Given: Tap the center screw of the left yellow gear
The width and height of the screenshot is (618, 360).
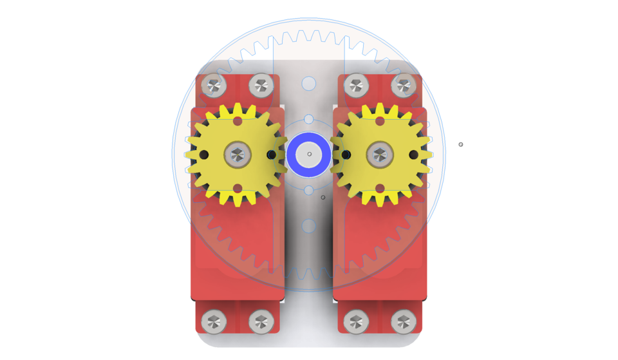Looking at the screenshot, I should click(237, 155).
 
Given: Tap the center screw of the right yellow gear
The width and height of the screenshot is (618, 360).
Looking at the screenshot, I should click(380, 155).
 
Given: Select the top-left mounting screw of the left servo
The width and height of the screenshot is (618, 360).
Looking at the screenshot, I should click(214, 85).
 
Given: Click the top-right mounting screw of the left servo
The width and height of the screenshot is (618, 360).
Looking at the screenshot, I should click(261, 85).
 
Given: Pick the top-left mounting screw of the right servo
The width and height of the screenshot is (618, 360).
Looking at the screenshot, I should click(356, 85).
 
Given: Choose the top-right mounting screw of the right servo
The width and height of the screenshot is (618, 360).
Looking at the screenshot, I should click(404, 85).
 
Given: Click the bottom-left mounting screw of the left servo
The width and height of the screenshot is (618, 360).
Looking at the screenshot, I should click(214, 321).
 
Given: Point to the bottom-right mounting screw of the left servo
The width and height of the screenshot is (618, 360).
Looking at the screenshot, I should click(261, 321).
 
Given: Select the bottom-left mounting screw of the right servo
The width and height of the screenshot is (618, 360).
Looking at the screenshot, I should click(356, 321).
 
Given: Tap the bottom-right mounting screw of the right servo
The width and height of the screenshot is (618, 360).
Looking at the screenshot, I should click(404, 321).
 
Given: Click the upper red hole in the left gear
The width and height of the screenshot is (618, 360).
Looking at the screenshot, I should click(238, 121).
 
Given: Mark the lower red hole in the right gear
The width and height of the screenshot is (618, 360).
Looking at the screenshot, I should click(380, 188).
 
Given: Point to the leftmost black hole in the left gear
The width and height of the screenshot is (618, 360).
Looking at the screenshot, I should click(204, 155).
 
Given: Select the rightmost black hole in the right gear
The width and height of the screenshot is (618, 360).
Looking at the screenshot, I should click(413, 155).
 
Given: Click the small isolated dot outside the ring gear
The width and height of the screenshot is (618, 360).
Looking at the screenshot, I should click(461, 144).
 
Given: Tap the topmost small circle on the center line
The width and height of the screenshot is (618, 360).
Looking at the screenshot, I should click(309, 84).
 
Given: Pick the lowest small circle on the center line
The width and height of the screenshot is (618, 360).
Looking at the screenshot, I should click(309, 226).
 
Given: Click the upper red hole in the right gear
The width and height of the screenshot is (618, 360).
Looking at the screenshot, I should click(380, 121).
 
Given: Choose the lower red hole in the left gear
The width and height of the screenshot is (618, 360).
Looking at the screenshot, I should click(238, 188).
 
